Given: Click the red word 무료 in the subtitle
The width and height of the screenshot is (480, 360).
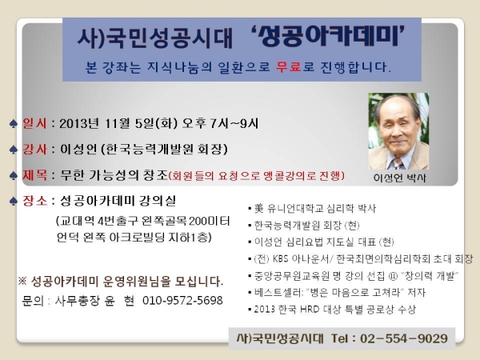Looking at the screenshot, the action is tap(288, 66).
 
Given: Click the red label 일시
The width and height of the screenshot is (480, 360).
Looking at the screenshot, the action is tap(34, 123).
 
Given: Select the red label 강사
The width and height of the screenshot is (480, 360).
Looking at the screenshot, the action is tap(34, 150).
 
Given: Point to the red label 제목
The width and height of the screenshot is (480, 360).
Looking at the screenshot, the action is tap(34, 175).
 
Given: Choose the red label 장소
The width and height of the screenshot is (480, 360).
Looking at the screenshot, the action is tap(34, 201).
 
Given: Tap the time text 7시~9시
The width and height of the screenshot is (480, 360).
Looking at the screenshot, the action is tap(234, 123).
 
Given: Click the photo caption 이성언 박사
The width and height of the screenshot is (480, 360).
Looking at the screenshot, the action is tap(399, 178).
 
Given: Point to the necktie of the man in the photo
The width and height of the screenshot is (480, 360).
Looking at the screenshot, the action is tap(397, 164).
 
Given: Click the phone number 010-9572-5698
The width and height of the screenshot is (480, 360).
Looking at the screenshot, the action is tap(182, 300).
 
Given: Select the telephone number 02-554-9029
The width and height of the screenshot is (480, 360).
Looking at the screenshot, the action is tap(404, 338).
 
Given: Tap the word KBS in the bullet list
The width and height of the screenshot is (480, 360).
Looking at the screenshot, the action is tap(281, 259).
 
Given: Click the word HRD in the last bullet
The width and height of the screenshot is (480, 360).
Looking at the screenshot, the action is tap(310, 309).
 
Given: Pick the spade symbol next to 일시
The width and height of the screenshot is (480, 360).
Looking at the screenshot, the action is tap(13, 124).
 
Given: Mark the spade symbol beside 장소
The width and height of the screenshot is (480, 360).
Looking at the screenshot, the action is tap(13, 202).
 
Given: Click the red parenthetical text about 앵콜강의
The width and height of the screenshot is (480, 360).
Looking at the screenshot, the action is tap(257, 176).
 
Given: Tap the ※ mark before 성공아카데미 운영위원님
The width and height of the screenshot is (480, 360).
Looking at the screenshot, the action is tap(22, 281).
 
